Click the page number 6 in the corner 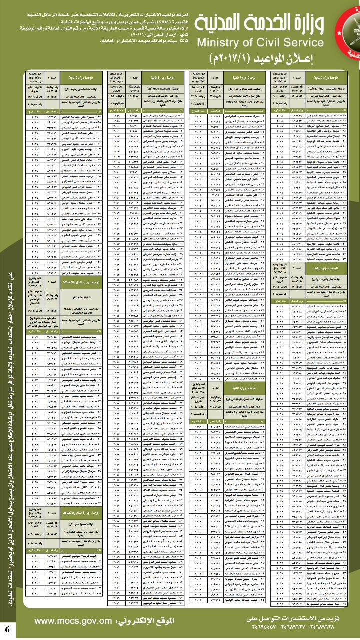point(7,628)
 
